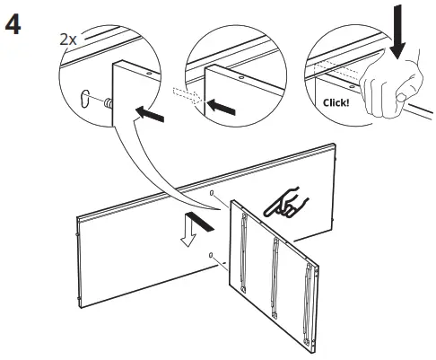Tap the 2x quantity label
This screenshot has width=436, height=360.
click(66, 40)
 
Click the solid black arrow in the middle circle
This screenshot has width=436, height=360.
click(222, 106)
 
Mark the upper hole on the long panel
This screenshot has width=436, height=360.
click(211, 194)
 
